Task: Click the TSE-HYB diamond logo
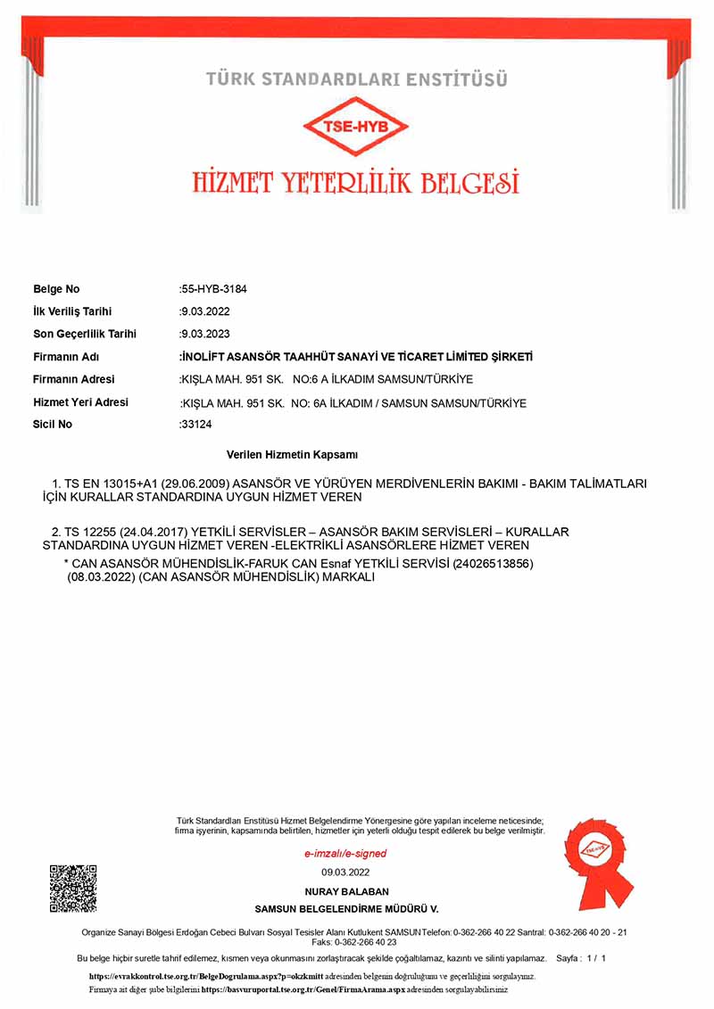pyautogui.click(x=357, y=127)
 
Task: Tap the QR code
pyautogui.click(x=73, y=888)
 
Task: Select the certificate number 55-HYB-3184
pyautogui.click(x=214, y=289)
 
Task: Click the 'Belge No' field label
pyautogui.click(x=56, y=289)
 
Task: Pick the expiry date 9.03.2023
pyautogui.click(x=204, y=334)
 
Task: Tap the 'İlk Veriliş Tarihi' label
pyautogui.click(x=72, y=311)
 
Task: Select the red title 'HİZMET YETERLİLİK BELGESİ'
pyautogui.click(x=356, y=182)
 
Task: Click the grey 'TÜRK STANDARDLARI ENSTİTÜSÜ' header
pyautogui.click(x=357, y=79)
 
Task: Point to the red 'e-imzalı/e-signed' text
pyautogui.click(x=345, y=854)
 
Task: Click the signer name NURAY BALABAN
pyautogui.click(x=346, y=891)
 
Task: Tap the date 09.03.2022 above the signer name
pyautogui.click(x=345, y=873)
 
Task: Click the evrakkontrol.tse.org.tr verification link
pyautogui.click(x=206, y=977)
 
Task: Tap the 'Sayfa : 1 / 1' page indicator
pyautogui.click(x=581, y=958)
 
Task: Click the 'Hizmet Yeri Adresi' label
pyautogui.click(x=80, y=402)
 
